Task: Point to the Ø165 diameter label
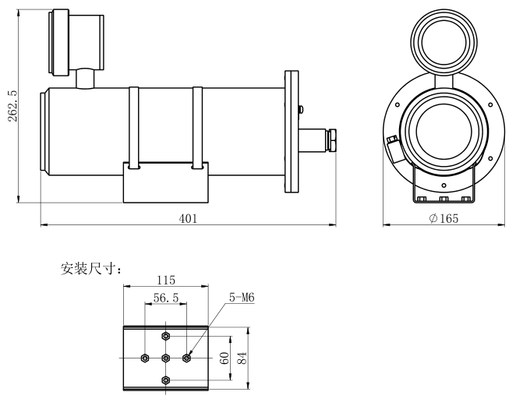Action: (444, 219)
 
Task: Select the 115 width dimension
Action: (165, 280)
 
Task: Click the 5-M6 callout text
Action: (242, 298)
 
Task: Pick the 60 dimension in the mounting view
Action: (224, 358)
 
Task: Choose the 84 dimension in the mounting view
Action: (242, 358)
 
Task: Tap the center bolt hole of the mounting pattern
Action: (166, 358)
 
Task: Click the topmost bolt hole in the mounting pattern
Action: (166, 337)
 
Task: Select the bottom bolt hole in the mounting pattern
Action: (166, 380)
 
